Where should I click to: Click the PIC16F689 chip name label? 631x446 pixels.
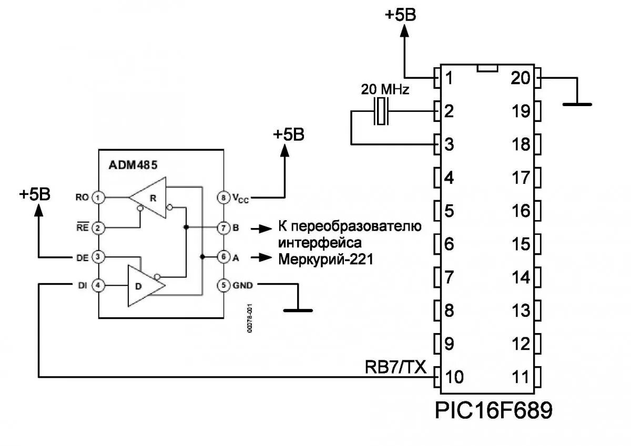[x=494, y=410]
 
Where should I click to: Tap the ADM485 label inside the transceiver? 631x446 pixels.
[x=133, y=164]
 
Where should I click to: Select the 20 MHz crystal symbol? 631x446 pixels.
[x=381, y=112]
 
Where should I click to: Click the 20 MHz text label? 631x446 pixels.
[x=385, y=90]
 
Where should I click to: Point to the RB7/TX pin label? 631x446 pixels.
[x=396, y=366]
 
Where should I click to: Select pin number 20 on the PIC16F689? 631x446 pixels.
[x=522, y=78]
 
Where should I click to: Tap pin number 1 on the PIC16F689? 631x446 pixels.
[x=449, y=78]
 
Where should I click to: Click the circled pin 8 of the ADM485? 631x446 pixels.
[x=225, y=198]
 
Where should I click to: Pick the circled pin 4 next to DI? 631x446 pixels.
[x=98, y=285]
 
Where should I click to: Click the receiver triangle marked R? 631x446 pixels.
[x=150, y=199]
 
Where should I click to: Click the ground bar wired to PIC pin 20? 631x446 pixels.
[x=577, y=104]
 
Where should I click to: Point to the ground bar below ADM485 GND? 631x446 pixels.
[x=298, y=310]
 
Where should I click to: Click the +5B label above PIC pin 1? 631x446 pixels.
[x=400, y=15]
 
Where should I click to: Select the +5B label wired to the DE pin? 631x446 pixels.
[x=35, y=194]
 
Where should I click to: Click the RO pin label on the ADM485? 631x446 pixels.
[x=82, y=198]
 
